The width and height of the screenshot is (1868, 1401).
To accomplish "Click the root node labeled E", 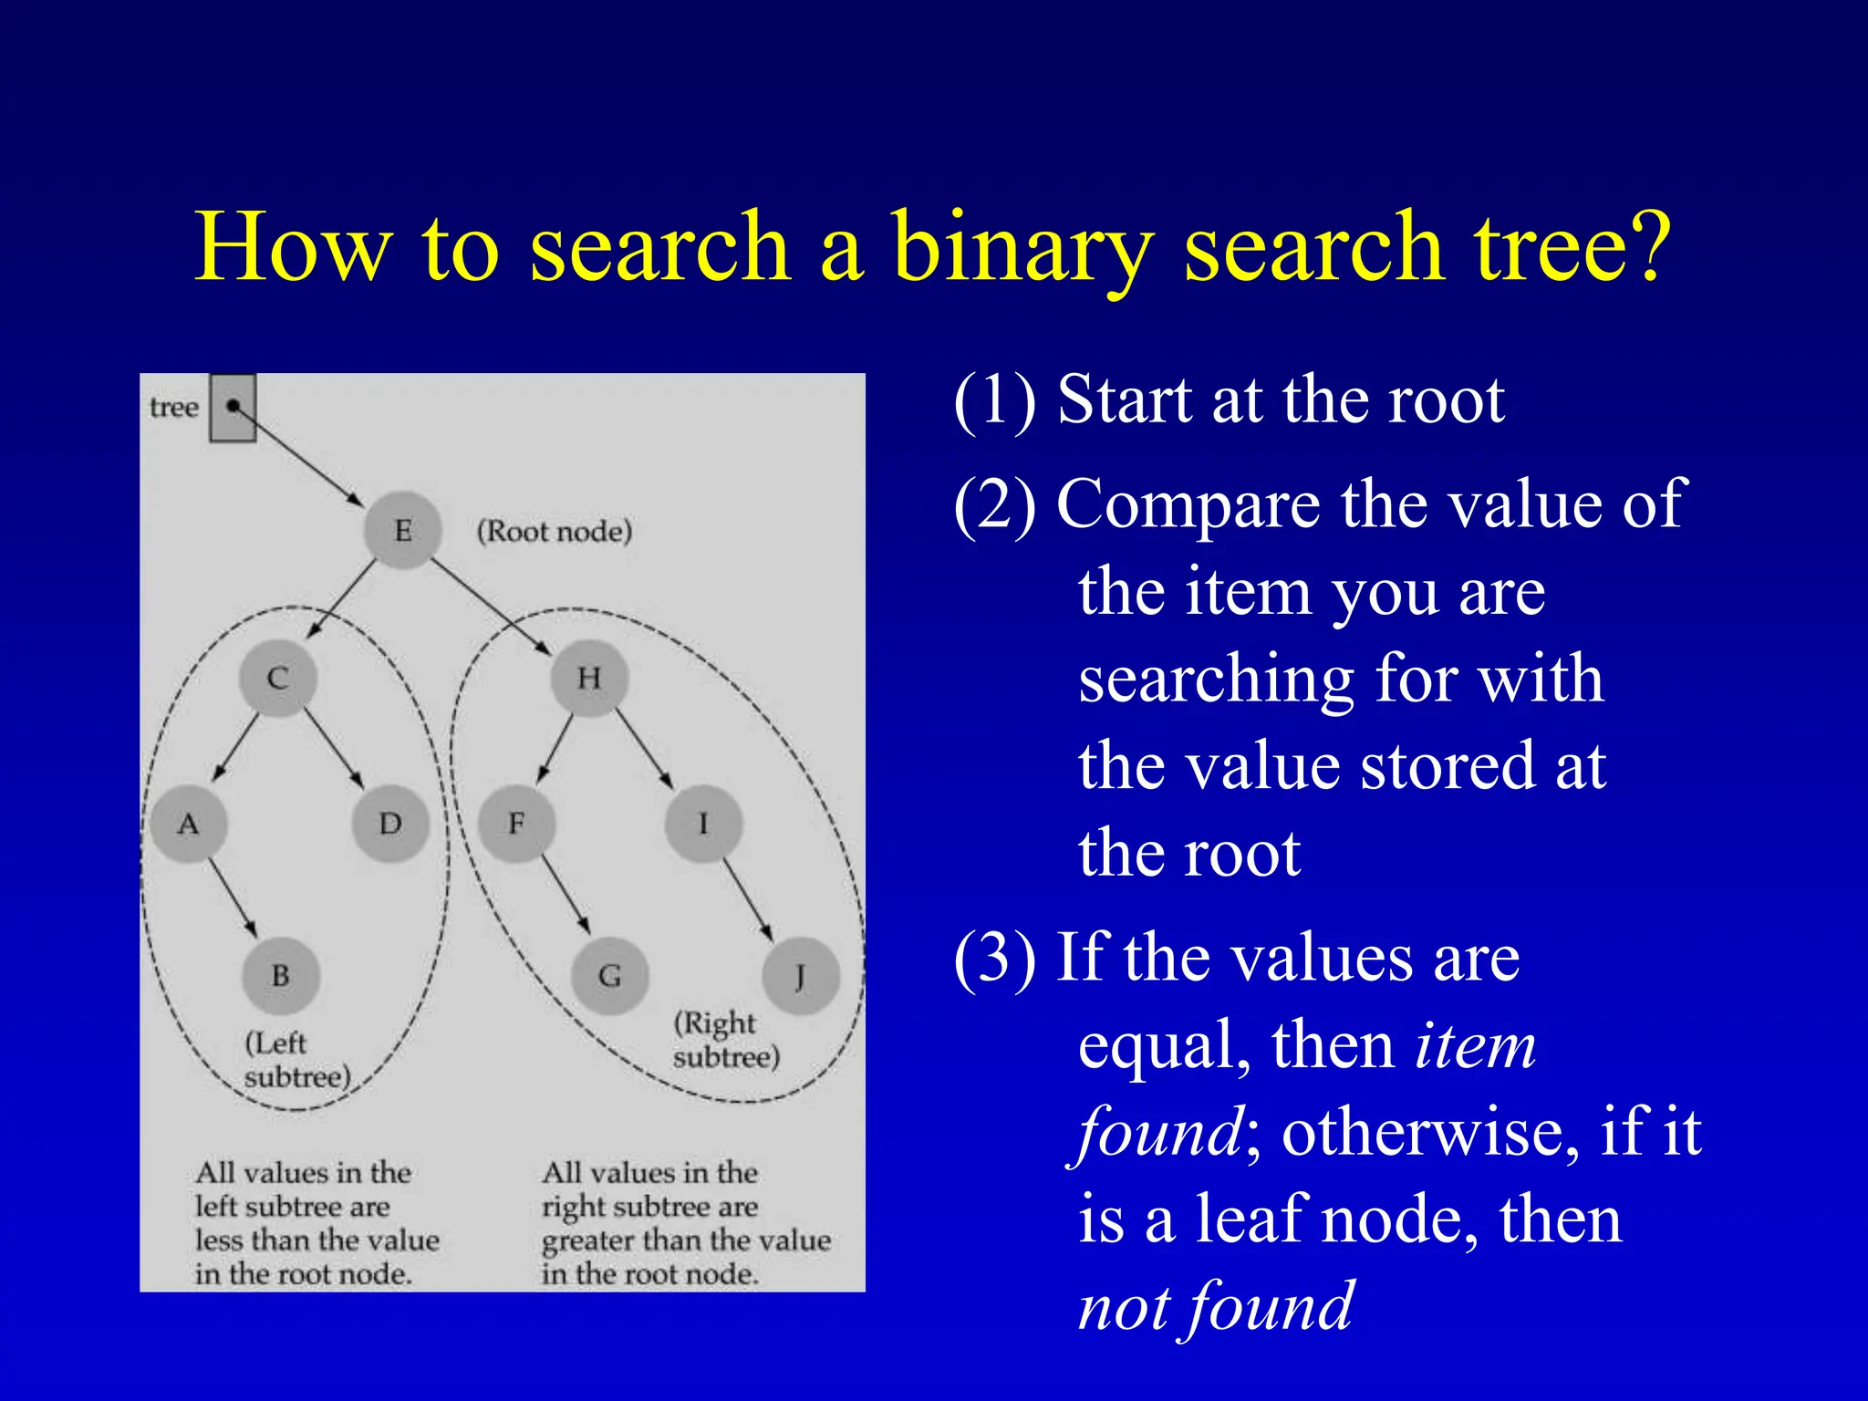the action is (402, 530).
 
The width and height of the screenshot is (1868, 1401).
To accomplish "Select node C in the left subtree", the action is (278, 678).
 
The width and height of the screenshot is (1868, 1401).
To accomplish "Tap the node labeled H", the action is (589, 678).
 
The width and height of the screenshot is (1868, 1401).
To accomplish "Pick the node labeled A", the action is (188, 825).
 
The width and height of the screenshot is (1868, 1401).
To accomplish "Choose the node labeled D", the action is (390, 825).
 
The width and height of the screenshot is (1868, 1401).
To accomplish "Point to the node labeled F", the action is (516, 825).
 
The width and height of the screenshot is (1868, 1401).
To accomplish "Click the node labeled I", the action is (703, 825).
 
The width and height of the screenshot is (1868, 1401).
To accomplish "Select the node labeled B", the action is (281, 976).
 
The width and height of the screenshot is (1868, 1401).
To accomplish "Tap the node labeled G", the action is (609, 976).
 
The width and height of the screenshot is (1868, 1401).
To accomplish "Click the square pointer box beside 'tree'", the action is (233, 408).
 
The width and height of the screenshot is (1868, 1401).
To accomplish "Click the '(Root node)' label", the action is (555, 531).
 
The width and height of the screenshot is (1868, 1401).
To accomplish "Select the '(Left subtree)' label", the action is (296, 1060).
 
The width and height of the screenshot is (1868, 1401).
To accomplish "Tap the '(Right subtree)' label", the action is (726, 1040).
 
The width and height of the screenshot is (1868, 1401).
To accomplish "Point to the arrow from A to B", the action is (233, 898).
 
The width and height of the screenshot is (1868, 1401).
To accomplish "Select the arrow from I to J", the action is (749, 899).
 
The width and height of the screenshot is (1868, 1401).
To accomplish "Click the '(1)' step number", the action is (994, 400).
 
